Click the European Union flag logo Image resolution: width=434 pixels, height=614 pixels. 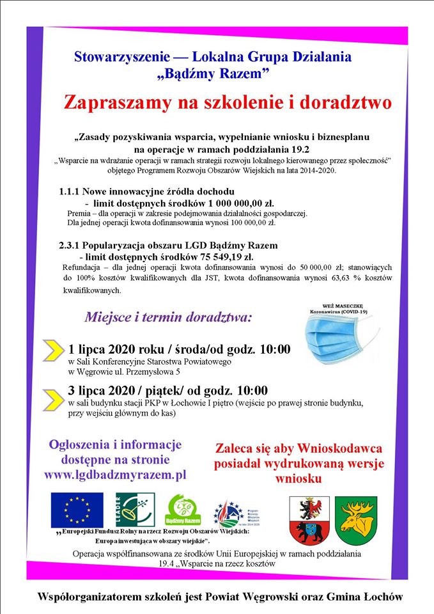click(77, 510)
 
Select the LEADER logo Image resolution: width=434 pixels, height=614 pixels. click(134, 510)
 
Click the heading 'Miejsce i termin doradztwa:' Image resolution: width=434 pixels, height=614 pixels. click(169, 317)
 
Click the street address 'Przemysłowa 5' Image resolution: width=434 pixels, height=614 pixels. click(151, 371)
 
